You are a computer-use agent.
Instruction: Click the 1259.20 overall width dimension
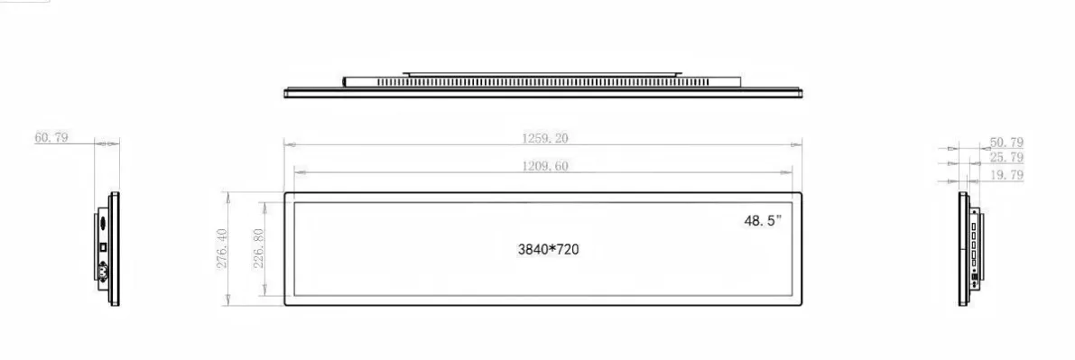[545, 138]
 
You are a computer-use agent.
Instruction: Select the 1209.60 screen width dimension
[545, 166]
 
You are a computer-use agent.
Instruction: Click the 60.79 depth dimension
[51, 137]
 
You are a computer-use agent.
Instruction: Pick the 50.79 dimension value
[1006, 143]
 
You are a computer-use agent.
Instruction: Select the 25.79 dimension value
[1006, 158]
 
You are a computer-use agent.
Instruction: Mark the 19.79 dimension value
[1006, 175]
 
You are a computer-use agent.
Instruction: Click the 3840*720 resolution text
[548, 250]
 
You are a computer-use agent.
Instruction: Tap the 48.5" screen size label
[763, 221]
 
